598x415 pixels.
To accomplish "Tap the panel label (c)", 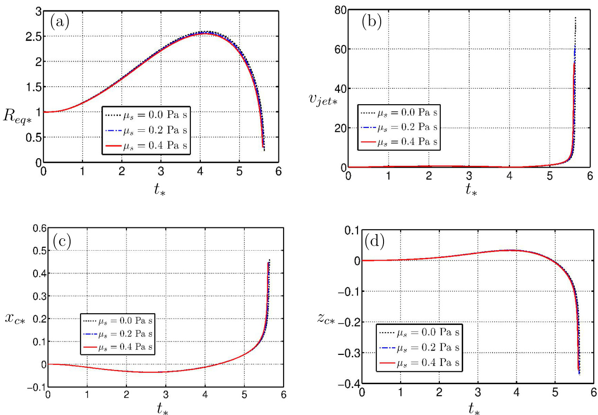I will [62, 242].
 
